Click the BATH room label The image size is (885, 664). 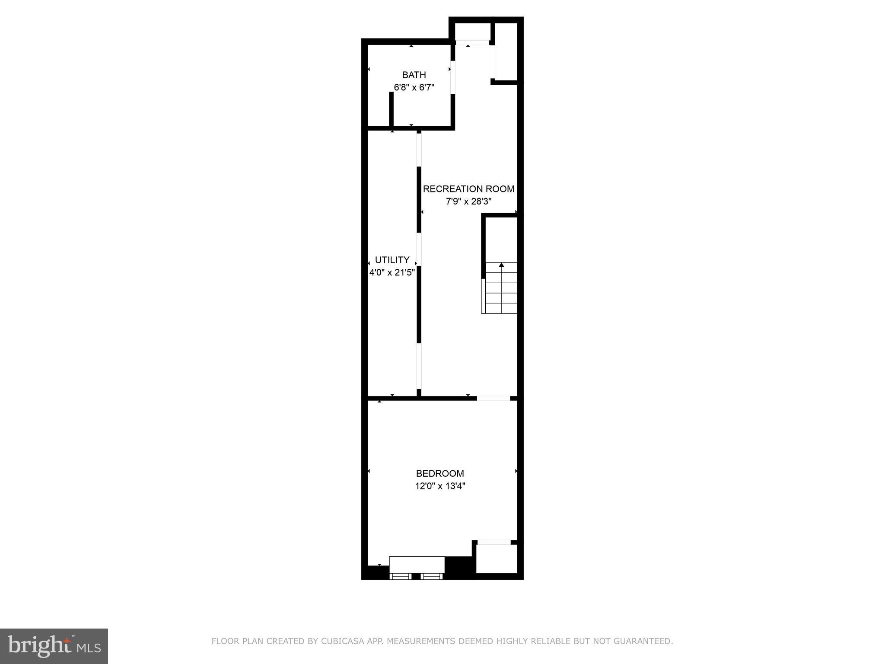[414, 75]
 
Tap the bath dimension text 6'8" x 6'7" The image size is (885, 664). [414, 87]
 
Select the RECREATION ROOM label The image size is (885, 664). [468, 189]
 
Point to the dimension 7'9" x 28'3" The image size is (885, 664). [468, 201]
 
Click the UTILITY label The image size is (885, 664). [392, 260]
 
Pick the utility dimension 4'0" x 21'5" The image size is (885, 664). [392, 272]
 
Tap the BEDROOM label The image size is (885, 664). [440, 473]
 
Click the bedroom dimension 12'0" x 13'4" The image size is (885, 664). [440, 486]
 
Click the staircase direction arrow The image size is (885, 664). [501, 265]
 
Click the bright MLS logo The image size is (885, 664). [54, 646]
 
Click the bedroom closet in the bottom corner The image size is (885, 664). [496, 559]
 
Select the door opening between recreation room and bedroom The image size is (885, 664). [493, 398]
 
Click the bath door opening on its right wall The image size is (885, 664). [452, 78]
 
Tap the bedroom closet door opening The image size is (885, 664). [494, 542]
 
